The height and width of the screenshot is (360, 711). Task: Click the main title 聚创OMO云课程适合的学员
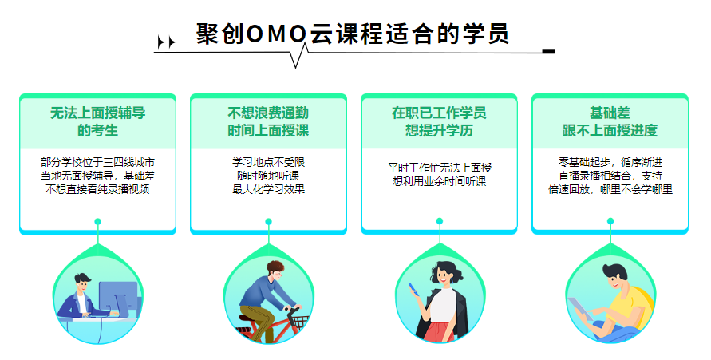coord(353,34)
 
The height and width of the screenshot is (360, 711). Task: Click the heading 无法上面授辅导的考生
coord(97,121)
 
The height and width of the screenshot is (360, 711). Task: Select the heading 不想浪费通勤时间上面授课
coord(268,121)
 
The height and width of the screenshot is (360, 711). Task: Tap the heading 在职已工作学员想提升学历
coord(439,121)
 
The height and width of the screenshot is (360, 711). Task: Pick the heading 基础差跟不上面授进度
coord(610,121)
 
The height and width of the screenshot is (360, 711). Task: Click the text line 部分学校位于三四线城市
coord(97,162)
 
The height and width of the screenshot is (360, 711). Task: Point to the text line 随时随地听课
coord(268,176)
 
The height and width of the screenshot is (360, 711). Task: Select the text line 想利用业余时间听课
coord(439,181)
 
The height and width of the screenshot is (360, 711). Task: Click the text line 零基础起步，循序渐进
coord(610,162)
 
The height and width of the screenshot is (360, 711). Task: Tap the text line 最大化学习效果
coord(268,189)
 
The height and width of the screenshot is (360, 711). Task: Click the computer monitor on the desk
coord(118,297)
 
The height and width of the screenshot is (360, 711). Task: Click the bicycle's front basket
coord(299,322)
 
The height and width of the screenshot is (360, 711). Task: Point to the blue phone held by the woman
coord(413,289)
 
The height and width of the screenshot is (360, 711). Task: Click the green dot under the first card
coord(97,222)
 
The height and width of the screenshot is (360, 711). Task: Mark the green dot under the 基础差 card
coord(610,221)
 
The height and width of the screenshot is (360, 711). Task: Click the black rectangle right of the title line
coord(549,52)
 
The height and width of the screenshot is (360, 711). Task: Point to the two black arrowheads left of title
coord(166,42)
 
